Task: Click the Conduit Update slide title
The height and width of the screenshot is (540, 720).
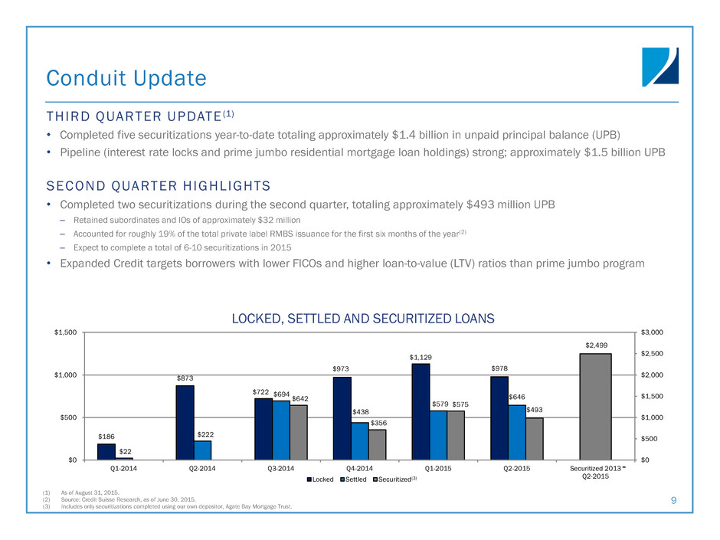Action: (126, 78)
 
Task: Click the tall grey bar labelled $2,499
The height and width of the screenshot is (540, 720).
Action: (595, 406)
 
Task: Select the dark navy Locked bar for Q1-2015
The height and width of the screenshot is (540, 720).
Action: (421, 411)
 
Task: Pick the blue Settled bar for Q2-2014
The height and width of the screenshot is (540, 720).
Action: (203, 450)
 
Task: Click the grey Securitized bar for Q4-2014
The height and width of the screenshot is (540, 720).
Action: (376, 444)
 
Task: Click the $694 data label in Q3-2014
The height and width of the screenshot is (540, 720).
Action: (281, 393)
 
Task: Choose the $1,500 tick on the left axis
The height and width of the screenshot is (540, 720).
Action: (64, 332)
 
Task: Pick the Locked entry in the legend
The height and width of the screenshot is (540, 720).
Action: (322, 479)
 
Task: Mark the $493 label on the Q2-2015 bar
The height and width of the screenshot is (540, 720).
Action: (535, 410)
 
